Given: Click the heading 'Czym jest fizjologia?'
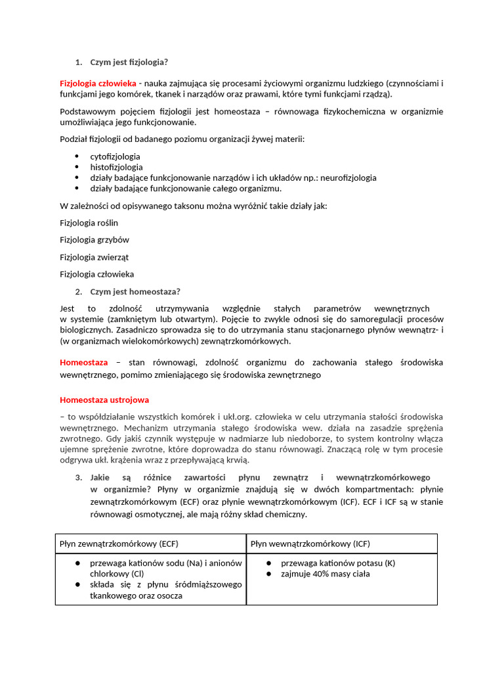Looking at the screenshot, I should (129, 62).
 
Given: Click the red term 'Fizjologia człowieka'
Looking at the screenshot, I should (98, 83).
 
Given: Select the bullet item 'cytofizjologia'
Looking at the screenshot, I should (115, 156).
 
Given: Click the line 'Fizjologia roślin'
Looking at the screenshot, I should (89, 223).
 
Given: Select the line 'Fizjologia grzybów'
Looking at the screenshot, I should (94, 240).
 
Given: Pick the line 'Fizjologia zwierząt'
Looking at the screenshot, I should (96, 257).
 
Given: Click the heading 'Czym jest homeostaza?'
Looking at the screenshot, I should (135, 292).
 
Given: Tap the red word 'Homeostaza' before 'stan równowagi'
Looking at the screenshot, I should (84, 362).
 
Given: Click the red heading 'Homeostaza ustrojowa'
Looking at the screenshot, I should (104, 400).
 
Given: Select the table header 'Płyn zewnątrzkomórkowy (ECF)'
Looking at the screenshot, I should (119, 544).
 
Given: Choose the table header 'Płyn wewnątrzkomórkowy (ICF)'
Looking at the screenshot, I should (309, 544).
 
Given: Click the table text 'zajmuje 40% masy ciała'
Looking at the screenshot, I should (325, 574).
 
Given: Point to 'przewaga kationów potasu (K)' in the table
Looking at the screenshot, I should (338, 563).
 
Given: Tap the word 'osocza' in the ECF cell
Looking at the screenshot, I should (169, 595).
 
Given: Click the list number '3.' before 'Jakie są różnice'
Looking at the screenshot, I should (78, 478).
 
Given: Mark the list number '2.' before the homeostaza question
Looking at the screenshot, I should (78, 292).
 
